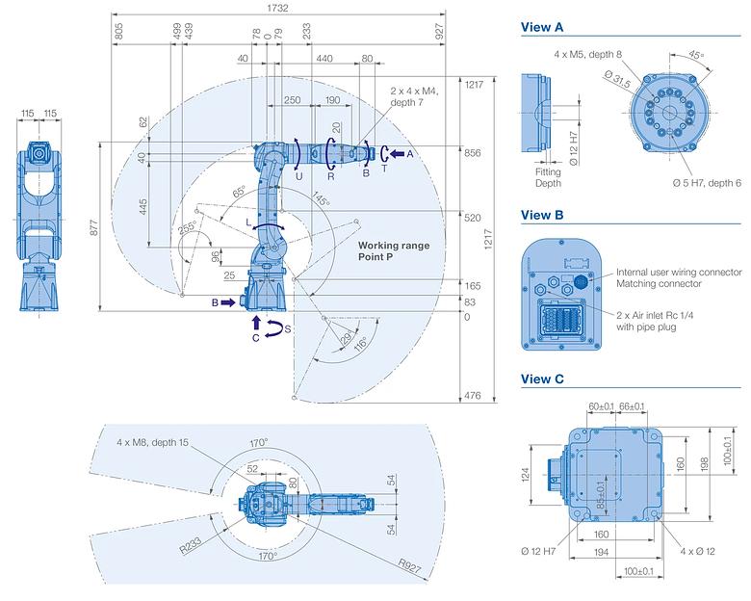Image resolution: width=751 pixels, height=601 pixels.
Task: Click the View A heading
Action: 542,27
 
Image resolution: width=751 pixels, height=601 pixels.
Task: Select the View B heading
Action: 542,215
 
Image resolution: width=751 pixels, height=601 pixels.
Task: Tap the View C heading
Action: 542,379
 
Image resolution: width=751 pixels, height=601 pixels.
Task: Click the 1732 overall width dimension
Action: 278,8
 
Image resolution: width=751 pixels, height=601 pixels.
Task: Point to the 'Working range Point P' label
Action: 394,251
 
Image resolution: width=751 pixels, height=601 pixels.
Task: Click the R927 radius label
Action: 409,565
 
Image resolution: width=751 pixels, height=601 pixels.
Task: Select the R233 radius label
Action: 190,545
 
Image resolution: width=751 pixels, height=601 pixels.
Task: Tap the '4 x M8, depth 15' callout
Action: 153,442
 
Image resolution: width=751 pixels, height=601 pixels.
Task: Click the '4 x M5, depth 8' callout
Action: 587,55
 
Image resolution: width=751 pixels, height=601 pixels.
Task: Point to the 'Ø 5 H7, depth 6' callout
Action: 707,183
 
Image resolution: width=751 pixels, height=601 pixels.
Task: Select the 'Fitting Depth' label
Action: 548,177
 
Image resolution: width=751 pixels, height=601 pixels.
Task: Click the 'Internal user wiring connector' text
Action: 679,273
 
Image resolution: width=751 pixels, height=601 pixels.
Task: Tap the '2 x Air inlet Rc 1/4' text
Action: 655,315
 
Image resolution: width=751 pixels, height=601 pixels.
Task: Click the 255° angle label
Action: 187,227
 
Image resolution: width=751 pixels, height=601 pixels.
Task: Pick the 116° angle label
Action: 360,344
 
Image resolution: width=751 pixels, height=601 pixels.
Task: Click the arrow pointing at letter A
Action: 398,154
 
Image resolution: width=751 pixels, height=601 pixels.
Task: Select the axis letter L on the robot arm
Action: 248,222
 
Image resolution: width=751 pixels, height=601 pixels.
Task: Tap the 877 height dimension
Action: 94,226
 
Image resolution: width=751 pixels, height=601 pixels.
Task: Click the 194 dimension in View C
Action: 601,552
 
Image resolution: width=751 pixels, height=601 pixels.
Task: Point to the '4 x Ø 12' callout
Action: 697,551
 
